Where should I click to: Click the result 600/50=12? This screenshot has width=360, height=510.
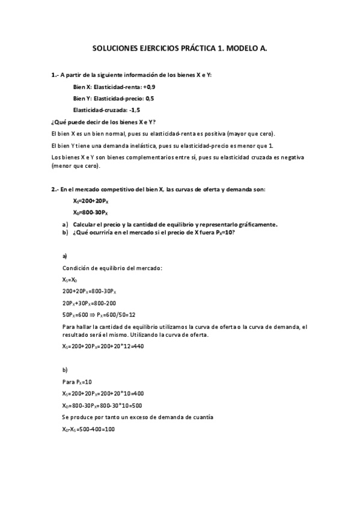coord(117,315)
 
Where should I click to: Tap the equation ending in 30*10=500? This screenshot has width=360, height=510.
coord(102,405)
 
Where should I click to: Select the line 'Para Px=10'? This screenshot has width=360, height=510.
coord(76,381)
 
